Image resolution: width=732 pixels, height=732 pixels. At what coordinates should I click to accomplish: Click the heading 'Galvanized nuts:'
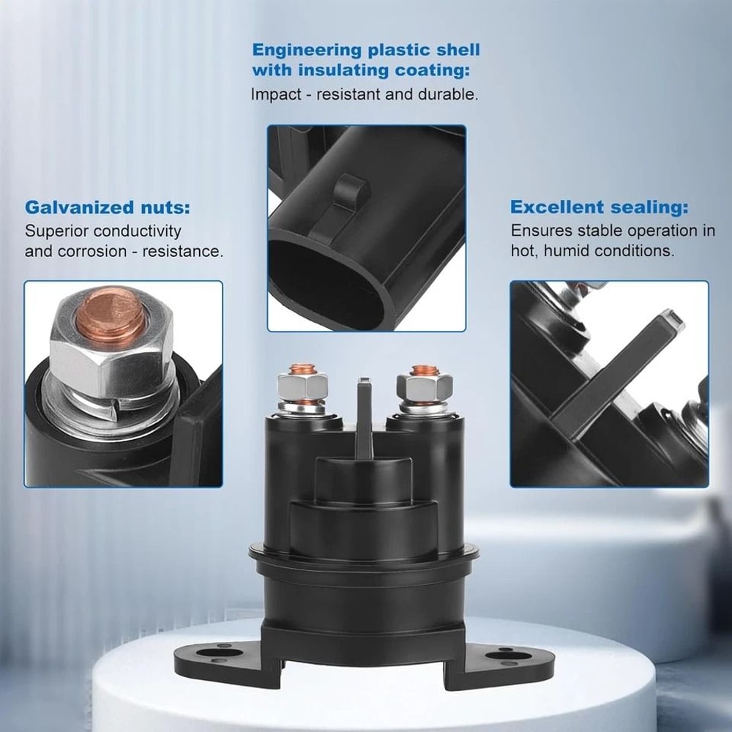[108, 207]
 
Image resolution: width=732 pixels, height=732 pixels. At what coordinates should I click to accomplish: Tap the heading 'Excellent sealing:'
[599, 207]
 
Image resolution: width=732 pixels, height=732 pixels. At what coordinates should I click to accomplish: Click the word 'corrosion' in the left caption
[85, 251]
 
